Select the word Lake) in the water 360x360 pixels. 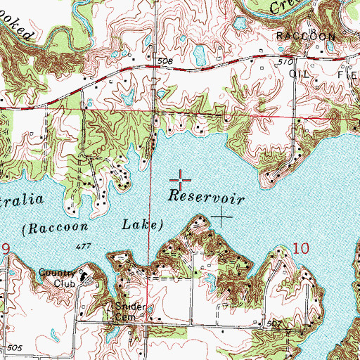141,226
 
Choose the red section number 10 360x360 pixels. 300,247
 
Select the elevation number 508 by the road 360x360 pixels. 165,62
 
